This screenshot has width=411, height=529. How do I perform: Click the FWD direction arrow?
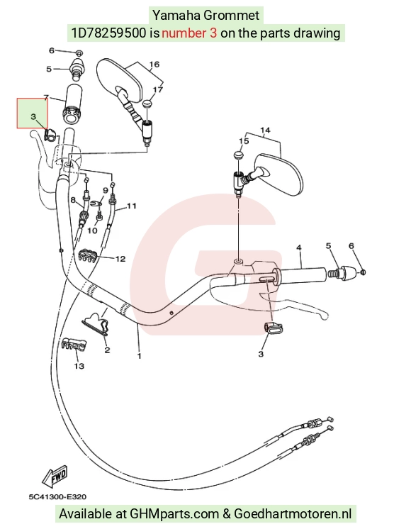pos(55,477)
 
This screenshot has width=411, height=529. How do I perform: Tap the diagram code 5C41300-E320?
pos(57,497)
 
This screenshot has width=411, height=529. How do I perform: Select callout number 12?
pos(120,259)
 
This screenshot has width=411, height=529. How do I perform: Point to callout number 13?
pos(79,366)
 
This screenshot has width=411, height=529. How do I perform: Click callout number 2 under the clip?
pos(107,350)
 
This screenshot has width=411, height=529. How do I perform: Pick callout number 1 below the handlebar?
pos(139,356)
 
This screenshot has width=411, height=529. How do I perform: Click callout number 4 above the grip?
pos(299,248)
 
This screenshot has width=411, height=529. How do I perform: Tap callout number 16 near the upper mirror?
pos(154,64)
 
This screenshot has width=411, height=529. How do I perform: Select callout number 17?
pos(158,90)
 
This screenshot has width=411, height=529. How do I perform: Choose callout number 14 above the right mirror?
pos(265,130)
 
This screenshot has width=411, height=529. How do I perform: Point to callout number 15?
pos(244,141)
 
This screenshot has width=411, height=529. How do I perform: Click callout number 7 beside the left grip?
pos(46,98)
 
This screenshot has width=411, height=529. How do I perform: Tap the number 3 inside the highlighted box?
pos(33,117)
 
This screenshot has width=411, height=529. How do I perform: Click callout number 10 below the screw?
pos(92,230)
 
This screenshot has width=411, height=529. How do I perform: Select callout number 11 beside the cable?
pos(132,206)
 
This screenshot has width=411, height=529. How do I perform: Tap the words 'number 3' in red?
pos(189,33)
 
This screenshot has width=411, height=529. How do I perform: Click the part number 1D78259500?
pos(108,33)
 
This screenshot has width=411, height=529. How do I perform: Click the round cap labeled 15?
pos(239,155)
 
